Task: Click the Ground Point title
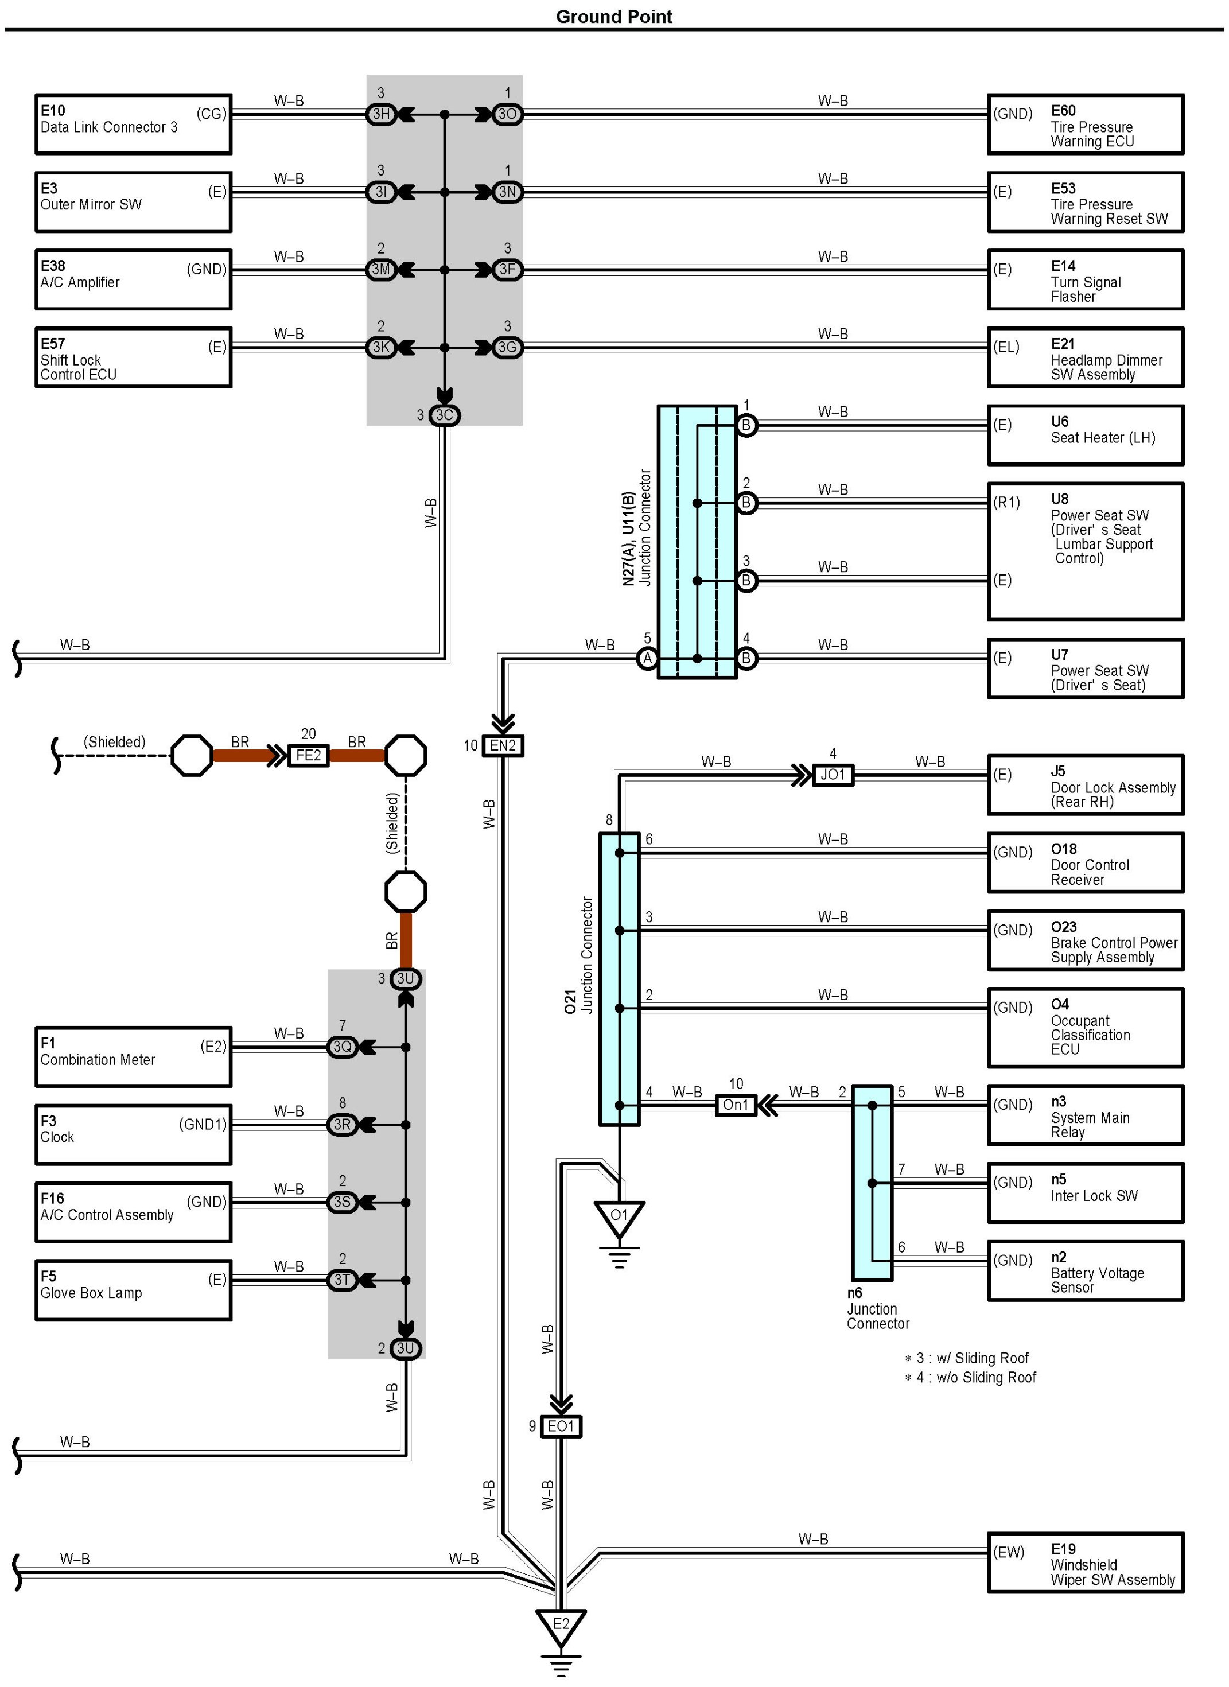[614, 17]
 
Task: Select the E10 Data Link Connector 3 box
[133, 124]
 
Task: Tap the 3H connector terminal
[381, 114]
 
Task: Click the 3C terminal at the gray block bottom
[444, 415]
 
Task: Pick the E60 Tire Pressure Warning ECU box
[1086, 124]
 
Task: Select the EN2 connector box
[503, 745]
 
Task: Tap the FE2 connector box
[309, 756]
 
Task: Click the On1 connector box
[736, 1105]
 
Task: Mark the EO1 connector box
[561, 1426]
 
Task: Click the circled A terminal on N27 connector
[647, 658]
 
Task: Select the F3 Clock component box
[133, 1134]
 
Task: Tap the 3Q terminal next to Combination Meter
[342, 1047]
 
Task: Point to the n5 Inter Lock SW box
[1086, 1193]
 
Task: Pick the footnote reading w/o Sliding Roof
[971, 1378]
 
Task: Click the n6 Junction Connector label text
[878, 1308]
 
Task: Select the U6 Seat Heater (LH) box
[1086, 435]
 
